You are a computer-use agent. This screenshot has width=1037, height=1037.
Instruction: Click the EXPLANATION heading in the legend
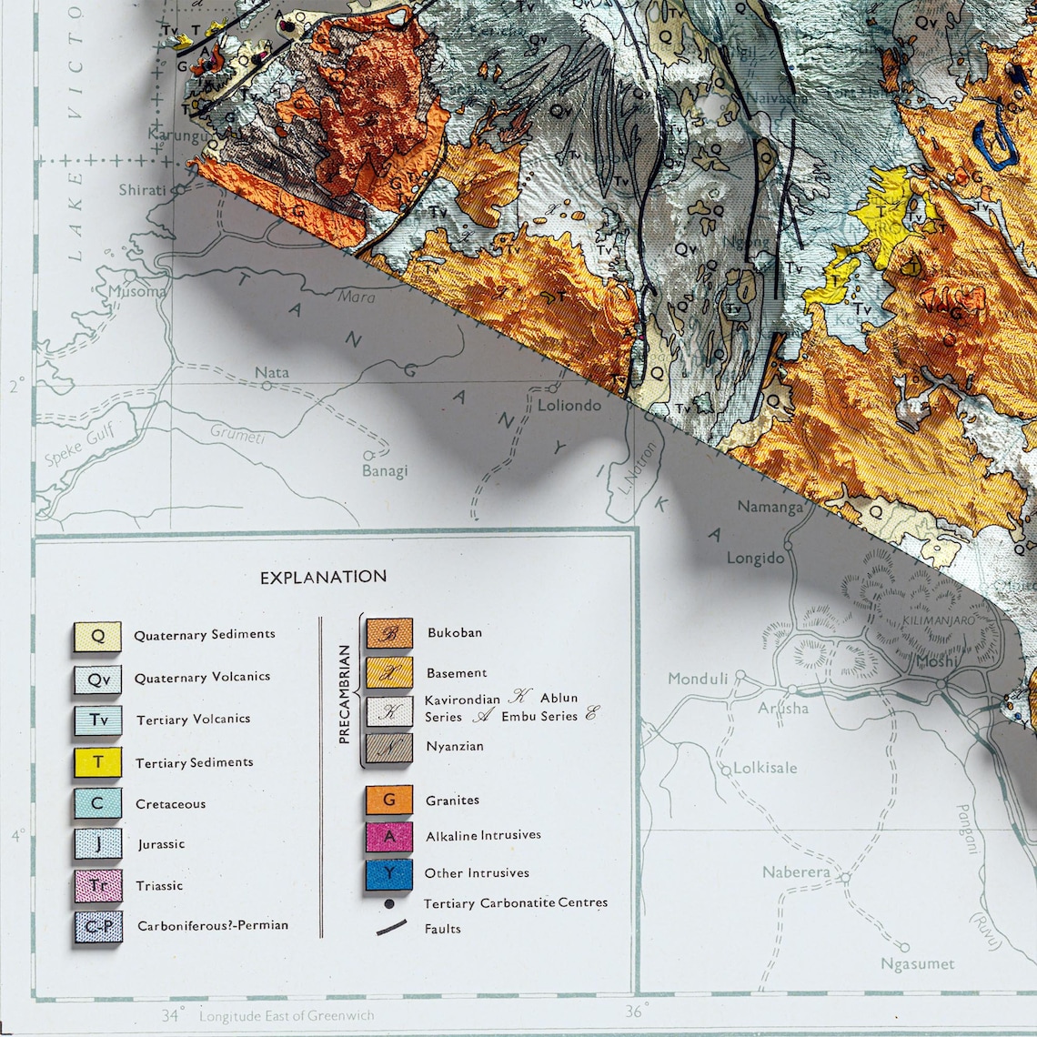pos(323,577)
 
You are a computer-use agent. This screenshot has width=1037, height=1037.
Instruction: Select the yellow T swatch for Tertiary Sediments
pos(97,761)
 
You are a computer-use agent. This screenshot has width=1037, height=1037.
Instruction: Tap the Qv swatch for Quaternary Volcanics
pos(97,678)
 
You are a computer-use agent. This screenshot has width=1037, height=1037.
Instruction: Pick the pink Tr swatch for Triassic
pos(97,885)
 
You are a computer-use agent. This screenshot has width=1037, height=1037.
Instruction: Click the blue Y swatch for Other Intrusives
pos(389,873)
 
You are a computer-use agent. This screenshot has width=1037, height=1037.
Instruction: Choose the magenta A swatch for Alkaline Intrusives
pos(389,835)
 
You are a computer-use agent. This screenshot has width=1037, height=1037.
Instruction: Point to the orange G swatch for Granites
pos(389,800)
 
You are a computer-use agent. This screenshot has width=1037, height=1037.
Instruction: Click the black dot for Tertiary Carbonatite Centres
pos(389,904)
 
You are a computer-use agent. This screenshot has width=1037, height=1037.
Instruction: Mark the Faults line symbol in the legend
pos(391,928)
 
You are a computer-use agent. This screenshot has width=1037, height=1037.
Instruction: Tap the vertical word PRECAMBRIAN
pos(344,695)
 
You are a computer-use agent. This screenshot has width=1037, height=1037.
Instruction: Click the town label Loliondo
pos(569,405)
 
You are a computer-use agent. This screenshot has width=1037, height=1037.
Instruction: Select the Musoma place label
pos(137,292)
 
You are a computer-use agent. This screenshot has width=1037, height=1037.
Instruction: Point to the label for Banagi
pos(385,470)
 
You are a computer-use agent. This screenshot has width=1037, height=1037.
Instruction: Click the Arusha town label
pos(783,708)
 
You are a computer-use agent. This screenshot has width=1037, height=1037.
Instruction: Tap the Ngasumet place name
pos(917,963)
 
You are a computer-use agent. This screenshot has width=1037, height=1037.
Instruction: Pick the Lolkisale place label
pos(765,768)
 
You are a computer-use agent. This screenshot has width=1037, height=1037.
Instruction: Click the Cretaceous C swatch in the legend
pos(97,803)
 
